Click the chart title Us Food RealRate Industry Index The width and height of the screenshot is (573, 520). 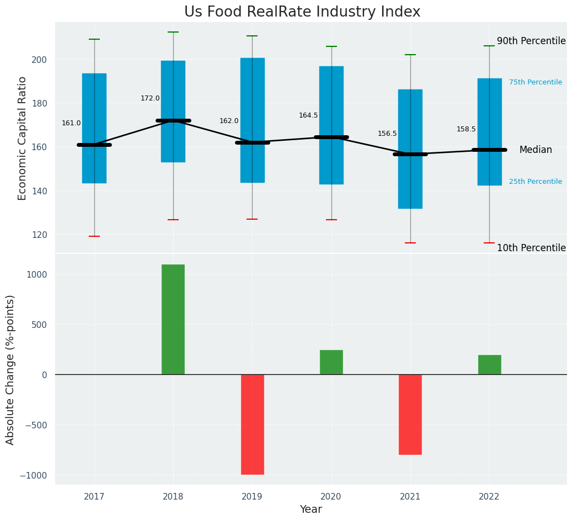point(302,12)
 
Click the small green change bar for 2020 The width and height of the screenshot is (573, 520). point(331,362)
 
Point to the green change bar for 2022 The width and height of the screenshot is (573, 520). point(489,365)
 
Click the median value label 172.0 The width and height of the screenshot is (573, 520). point(150,98)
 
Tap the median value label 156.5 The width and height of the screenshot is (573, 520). point(387,134)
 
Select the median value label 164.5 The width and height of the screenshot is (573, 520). point(308,115)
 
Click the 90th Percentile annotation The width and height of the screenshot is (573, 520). point(531,41)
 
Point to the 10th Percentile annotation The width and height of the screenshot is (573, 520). point(531,248)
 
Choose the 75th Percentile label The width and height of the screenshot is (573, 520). point(535,82)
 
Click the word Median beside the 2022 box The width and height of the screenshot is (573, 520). point(535,150)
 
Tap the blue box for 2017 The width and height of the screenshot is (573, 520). point(94,110)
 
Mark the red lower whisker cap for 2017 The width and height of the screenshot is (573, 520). point(94,236)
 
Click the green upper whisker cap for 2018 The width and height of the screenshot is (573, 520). point(173,32)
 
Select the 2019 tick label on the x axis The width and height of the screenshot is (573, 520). point(252,497)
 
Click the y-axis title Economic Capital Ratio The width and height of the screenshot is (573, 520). point(23,138)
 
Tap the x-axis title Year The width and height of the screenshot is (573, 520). point(310,510)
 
